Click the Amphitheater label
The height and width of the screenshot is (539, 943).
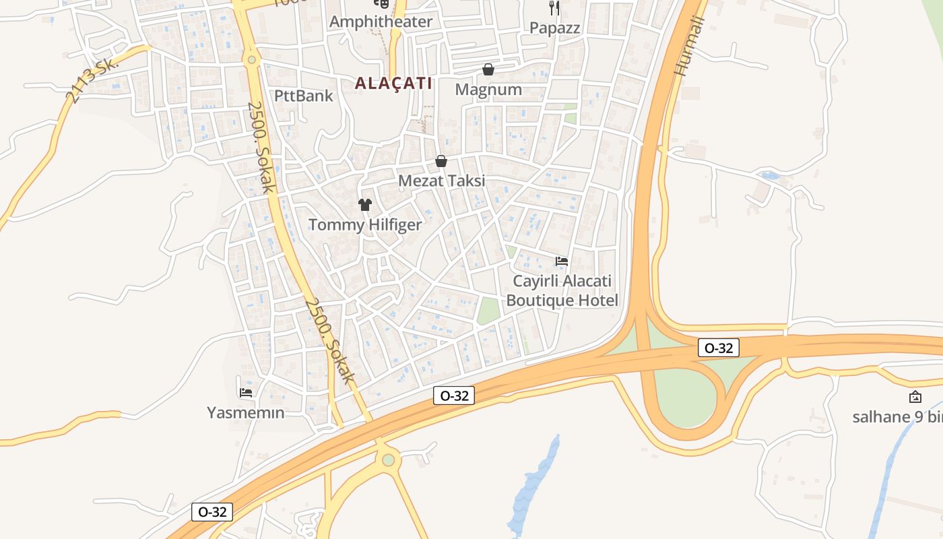(x=381, y=22)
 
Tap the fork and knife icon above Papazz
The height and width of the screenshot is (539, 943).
(x=554, y=7)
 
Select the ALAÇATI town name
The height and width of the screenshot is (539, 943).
(x=393, y=84)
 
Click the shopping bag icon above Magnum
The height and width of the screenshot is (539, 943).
(x=488, y=69)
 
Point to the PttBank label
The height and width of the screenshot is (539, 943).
(x=304, y=96)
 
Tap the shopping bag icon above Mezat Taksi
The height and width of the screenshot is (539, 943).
(x=441, y=161)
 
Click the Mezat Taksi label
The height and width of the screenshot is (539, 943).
(x=441, y=181)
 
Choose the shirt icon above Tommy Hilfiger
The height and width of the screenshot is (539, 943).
(x=365, y=205)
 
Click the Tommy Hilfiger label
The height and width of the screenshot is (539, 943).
(x=365, y=225)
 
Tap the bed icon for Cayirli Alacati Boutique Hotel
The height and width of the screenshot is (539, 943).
(x=562, y=261)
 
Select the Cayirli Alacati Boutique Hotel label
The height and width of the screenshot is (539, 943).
(x=562, y=290)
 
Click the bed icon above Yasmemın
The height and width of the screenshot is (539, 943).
(x=246, y=392)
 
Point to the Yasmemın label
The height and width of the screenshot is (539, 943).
(x=246, y=412)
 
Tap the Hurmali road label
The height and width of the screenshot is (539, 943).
(x=689, y=46)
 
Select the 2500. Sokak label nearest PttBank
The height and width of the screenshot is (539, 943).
(x=261, y=147)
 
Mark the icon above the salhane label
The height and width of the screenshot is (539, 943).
(x=915, y=397)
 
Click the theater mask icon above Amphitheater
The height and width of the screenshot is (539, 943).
(x=382, y=3)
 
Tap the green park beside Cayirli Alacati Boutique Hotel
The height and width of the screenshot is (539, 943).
(x=489, y=311)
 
